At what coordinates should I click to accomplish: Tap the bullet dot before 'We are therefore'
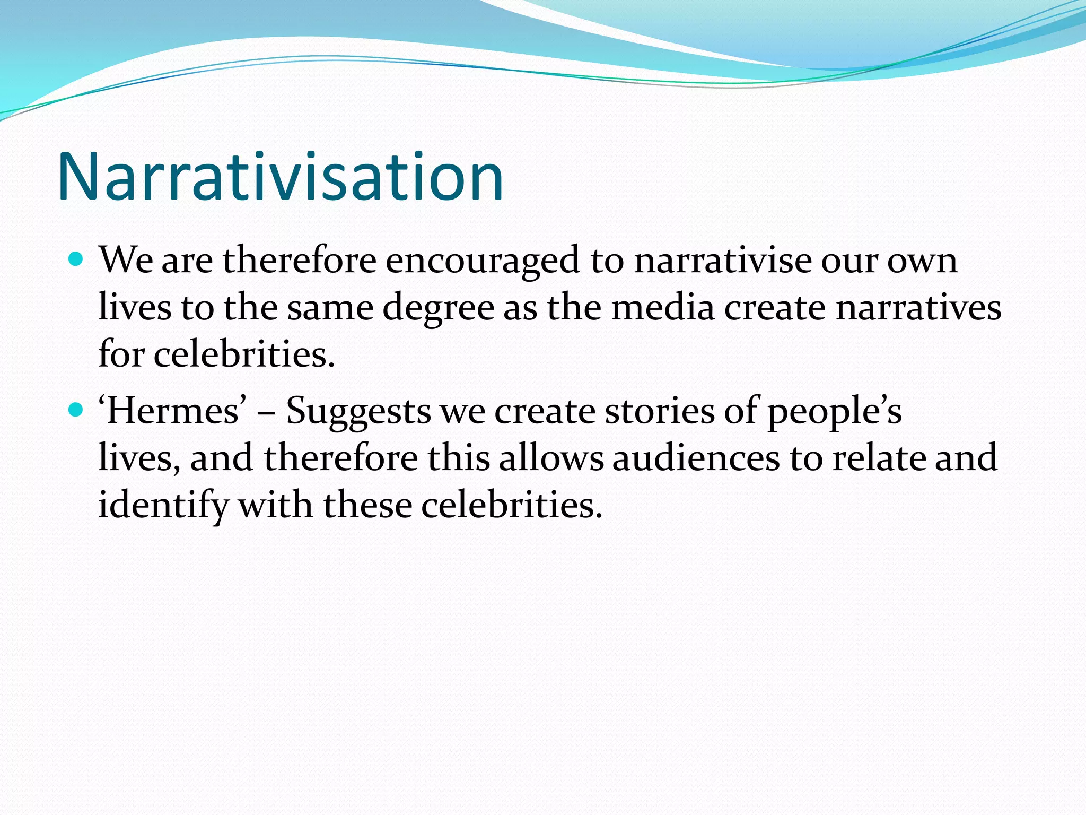click(77, 259)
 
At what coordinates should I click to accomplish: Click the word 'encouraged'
click(482, 261)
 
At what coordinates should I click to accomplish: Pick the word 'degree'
click(438, 308)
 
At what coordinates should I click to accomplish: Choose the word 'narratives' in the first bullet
click(918, 307)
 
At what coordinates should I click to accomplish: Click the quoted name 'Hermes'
click(173, 411)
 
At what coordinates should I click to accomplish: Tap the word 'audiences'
click(696, 458)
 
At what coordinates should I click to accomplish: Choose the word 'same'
click(330, 308)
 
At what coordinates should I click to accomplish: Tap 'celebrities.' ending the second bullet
click(512, 505)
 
